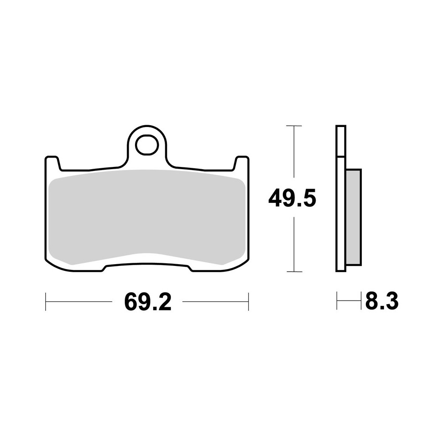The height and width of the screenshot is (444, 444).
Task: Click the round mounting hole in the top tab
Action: tap(147, 145)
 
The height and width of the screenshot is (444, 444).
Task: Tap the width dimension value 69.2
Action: tap(147, 302)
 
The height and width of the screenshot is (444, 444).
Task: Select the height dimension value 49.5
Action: tap(292, 199)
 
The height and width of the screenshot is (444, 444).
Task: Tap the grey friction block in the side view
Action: tap(353, 218)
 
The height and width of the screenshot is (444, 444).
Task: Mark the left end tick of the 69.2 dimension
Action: tap(46, 301)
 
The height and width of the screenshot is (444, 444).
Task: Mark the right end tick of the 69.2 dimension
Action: tap(248, 301)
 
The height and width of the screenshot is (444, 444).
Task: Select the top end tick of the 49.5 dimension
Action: tap(294, 126)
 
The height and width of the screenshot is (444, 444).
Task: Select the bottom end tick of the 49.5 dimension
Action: tap(294, 271)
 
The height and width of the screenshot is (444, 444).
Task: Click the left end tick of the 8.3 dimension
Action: tap(337, 301)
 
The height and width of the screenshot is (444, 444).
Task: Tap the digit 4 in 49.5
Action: tap(276, 199)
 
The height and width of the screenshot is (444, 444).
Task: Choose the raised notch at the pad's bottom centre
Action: tap(147, 267)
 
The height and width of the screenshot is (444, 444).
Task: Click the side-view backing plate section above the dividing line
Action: tap(341, 141)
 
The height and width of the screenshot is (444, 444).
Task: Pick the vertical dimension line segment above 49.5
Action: tap(294, 155)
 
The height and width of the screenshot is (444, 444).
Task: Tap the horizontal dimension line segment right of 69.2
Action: tap(215, 301)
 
